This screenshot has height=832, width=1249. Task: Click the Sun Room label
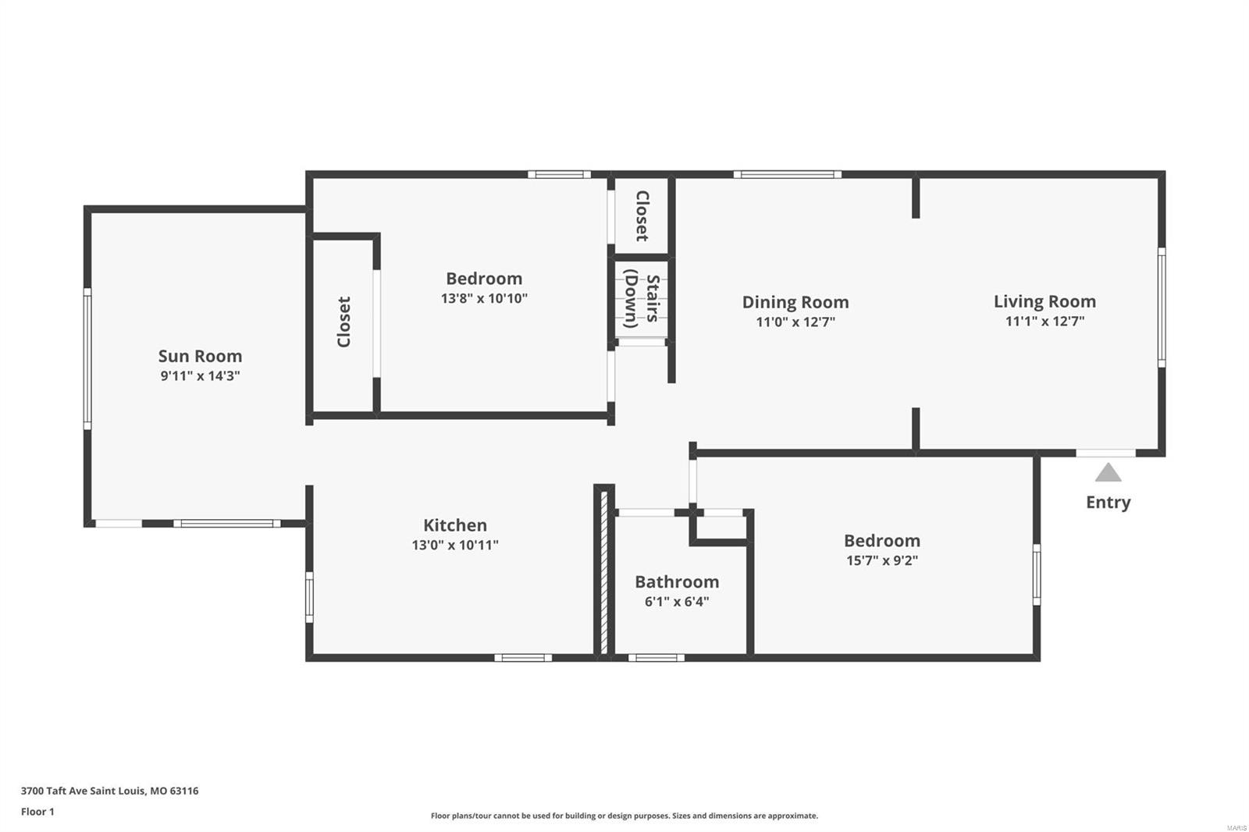pyautogui.click(x=200, y=356)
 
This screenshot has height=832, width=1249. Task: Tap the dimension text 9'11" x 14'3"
pyautogui.click(x=200, y=375)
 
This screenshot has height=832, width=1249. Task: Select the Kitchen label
pyautogui.click(x=455, y=525)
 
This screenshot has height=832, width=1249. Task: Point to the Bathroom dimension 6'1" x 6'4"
pyautogui.click(x=677, y=602)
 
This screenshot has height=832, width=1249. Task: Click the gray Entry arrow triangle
pyautogui.click(x=1108, y=473)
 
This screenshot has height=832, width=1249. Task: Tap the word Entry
pyautogui.click(x=1108, y=502)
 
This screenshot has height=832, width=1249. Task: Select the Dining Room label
pyautogui.click(x=795, y=302)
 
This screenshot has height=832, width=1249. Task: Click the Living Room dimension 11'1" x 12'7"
pyautogui.click(x=1044, y=321)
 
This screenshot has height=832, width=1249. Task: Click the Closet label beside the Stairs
pyautogui.click(x=642, y=215)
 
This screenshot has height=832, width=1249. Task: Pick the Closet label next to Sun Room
pyautogui.click(x=343, y=322)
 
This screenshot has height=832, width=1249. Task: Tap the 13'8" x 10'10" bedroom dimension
pyautogui.click(x=484, y=298)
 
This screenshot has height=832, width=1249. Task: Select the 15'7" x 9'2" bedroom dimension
pyautogui.click(x=882, y=560)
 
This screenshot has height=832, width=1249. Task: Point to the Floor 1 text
pyautogui.click(x=37, y=812)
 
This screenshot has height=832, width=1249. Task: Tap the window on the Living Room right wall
pyautogui.click(x=1161, y=308)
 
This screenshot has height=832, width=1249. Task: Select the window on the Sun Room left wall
pyautogui.click(x=87, y=358)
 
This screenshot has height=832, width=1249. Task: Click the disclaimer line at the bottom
pyautogui.click(x=624, y=816)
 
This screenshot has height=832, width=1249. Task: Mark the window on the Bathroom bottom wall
pyautogui.click(x=656, y=658)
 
